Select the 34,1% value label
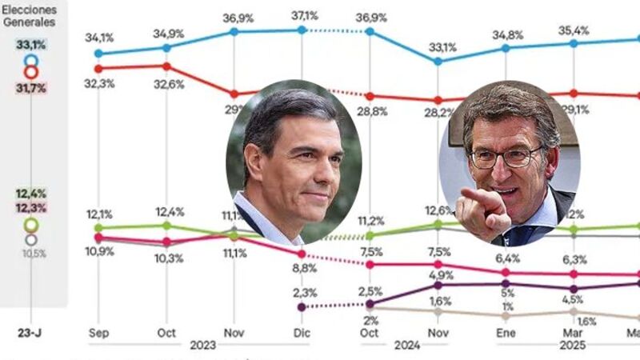(98, 37)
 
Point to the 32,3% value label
(98, 82)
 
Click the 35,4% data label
(574, 30)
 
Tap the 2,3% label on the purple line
(302, 293)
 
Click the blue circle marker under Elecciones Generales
(31, 60)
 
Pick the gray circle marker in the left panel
(31, 238)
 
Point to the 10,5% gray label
(31, 253)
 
